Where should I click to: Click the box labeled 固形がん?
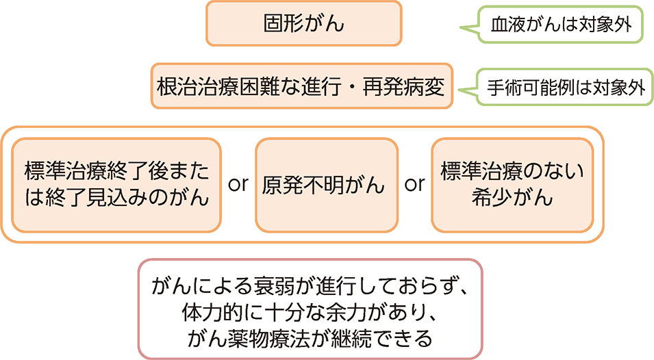[303, 23]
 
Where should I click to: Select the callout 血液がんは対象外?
[560, 24]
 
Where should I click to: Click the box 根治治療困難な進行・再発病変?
[301, 86]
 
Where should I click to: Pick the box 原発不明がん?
[327, 185]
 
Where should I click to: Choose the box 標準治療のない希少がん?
[512, 185]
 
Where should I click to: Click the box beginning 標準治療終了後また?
[116, 185]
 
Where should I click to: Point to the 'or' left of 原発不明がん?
[238, 184]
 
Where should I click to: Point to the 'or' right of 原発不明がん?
[414, 184]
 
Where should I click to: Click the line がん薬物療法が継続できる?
[310, 339]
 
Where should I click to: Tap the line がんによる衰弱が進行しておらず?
[310, 286]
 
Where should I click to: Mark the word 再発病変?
[404, 87]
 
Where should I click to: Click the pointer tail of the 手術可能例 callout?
[467, 90]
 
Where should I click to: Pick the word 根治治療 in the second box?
[197, 87]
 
